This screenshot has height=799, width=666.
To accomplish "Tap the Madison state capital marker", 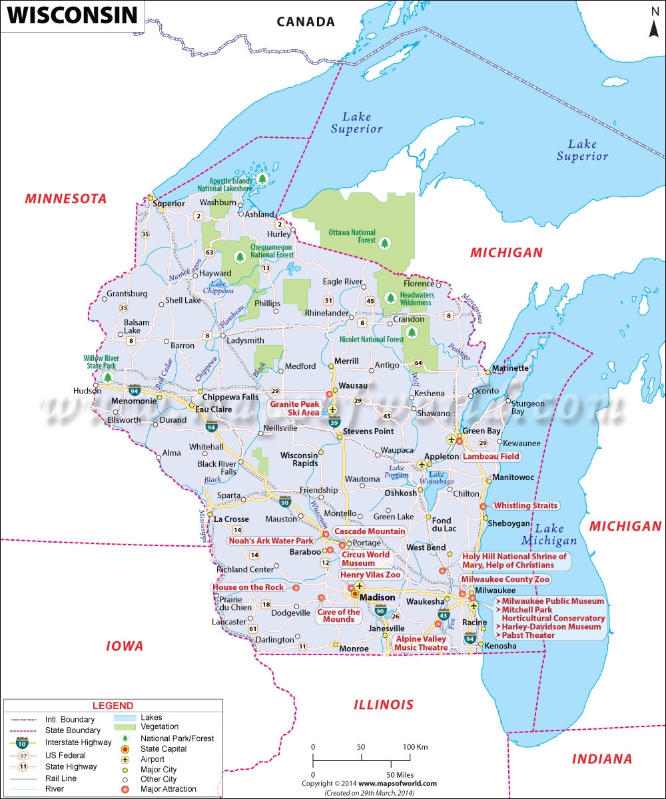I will (355, 594).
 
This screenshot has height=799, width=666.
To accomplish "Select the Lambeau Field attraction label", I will (492, 457).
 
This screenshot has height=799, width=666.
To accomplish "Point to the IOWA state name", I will (125, 646).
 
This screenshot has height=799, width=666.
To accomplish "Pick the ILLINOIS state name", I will (383, 704).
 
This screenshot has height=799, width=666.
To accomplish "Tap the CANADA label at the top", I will (306, 22).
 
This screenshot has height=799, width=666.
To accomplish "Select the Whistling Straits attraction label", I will (525, 506).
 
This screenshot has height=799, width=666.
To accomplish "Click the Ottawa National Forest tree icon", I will (385, 244).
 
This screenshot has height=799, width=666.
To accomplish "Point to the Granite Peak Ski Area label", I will (294, 408).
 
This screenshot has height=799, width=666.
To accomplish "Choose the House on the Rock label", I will (248, 587).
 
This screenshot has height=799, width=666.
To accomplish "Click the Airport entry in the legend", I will (155, 760).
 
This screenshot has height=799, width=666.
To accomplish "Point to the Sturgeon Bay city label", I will (526, 407).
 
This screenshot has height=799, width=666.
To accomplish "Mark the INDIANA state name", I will (601, 759).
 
